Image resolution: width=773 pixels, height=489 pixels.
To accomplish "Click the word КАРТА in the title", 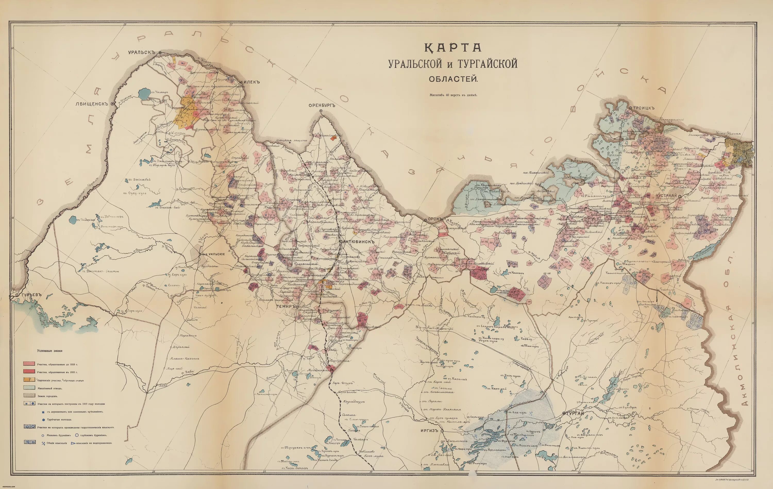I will (x=453, y=48).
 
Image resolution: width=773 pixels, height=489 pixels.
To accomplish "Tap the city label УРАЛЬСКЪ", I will (x=141, y=52).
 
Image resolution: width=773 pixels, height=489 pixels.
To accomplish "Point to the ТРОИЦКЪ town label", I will (x=644, y=108).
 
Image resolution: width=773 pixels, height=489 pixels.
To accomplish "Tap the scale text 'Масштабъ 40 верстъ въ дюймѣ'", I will (x=454, y=95).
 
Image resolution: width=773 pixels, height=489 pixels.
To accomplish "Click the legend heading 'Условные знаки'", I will (x=49, y=351).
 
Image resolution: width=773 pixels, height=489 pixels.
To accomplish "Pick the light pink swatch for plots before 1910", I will (x=29, y=364).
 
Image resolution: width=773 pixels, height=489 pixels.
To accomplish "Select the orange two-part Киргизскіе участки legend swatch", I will (x=29, y=380).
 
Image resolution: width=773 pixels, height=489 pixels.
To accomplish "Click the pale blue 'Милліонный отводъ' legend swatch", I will (x=29, y=388).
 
